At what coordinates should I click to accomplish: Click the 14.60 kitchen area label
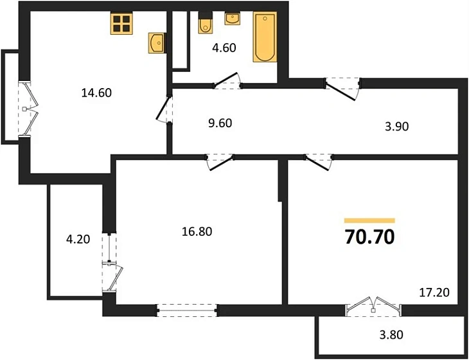pyautogui.click(x=96, y=93)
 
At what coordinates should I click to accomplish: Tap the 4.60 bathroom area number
pyautogui.click(x=224, y=48)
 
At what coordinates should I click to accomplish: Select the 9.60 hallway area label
pyautogui.click(x=220, y=123)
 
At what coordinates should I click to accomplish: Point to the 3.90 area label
pyautogui.click(x=396, y=127)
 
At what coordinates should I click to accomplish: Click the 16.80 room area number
pyautogui.click(x=197, y=231)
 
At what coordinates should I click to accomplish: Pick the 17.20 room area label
pyautogui.click(x=434, y=292)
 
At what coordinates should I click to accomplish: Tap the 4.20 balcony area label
pyautogui.click(x=78, y=239)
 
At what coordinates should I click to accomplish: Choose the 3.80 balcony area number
pyautogui.click(x=391, y=335)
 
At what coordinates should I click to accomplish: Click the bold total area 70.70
pyautogui.click(x=369, y=237)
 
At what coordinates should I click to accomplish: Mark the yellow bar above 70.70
pyautogui.click(x=369, y=221)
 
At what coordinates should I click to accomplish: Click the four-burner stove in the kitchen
pyautogui.click(x=121, y=23)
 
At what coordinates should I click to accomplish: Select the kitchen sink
pyautogui.click(x=156, y=43)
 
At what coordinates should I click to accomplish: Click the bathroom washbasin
pyautogui.click(x=232, y=19)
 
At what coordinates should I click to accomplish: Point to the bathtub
pyautogui.click(x=265, y=37)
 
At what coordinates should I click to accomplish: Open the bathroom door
pyautogui.click(x=227, y=82)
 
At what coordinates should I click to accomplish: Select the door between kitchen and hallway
pyautogui.click(x=165, y=109)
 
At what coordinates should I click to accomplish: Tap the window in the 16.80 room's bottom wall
pyautogui.click(x=188, y=310)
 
